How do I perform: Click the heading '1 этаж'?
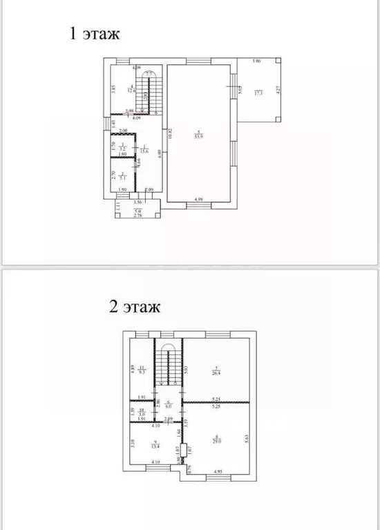click(94, 34)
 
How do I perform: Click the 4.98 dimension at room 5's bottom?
click(198, 200)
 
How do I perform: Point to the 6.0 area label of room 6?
click(167, 407)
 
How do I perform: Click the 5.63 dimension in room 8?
click(247, 436)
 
